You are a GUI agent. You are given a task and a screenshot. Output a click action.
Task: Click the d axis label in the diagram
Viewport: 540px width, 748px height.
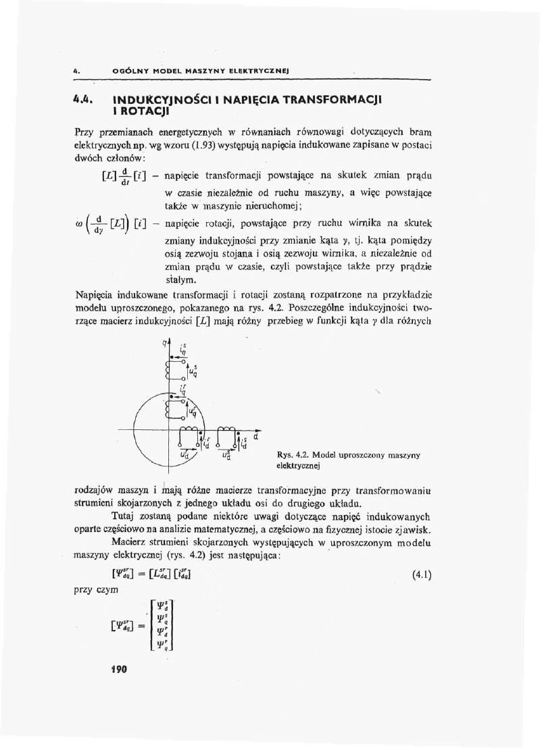256,437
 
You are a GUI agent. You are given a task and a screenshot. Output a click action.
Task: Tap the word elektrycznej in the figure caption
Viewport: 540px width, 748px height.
298,465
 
